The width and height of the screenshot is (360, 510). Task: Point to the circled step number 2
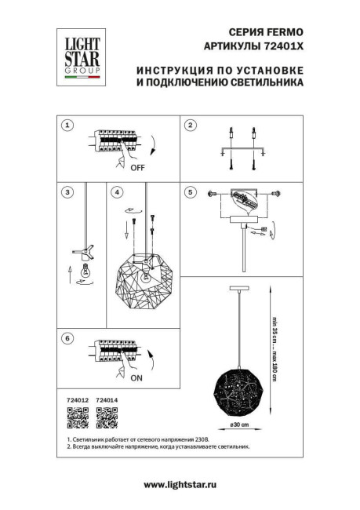tap(189, 126)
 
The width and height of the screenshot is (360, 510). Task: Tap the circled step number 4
tap(117, 191)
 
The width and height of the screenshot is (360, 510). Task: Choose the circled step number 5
tap(189, 191)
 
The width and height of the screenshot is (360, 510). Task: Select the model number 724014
tap(106, 401)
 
